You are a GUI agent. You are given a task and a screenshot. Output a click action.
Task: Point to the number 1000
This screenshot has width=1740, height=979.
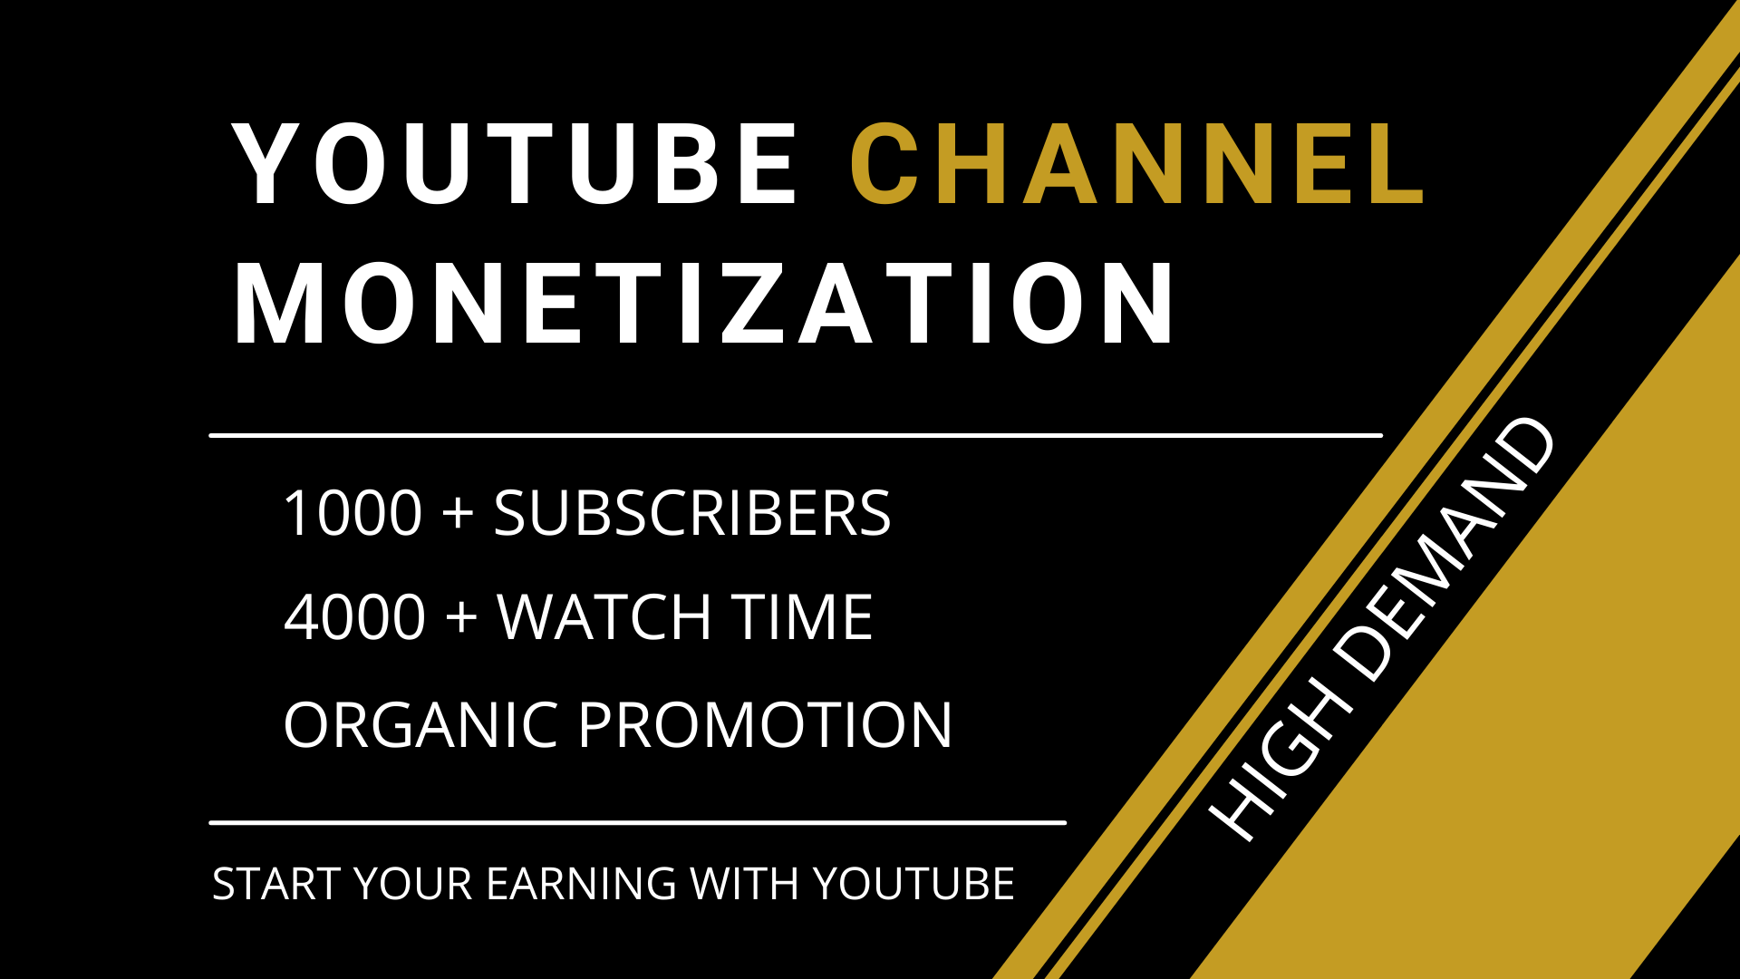[x=353, y=514]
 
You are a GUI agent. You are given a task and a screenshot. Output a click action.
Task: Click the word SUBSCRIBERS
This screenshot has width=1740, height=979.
[x=692, y=514]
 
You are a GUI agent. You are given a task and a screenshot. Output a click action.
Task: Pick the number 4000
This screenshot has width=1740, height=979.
[x=355, y=618]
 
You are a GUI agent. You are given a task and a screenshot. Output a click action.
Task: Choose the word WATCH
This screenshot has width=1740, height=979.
[x=605, y=618]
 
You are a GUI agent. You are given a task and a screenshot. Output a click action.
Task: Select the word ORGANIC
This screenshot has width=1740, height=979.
[x=420, y=725]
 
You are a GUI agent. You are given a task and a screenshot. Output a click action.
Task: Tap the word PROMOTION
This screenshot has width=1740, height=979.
[x=766, y=725]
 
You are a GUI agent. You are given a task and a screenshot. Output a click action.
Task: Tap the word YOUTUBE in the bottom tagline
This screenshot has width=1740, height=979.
[x=913, y=884]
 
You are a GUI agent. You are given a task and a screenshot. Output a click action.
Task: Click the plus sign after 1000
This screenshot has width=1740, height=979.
[x=459, y=513]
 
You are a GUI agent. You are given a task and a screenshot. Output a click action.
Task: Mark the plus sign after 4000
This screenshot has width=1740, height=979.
[x=462, y=617]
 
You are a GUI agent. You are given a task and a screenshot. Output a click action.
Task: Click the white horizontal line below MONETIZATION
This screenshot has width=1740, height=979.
[x=796, y=435]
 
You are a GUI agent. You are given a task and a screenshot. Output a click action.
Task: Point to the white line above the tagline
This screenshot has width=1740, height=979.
[x=638, y=823]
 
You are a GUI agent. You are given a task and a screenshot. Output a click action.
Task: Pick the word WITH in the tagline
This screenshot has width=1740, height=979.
[x=744, y=884]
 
